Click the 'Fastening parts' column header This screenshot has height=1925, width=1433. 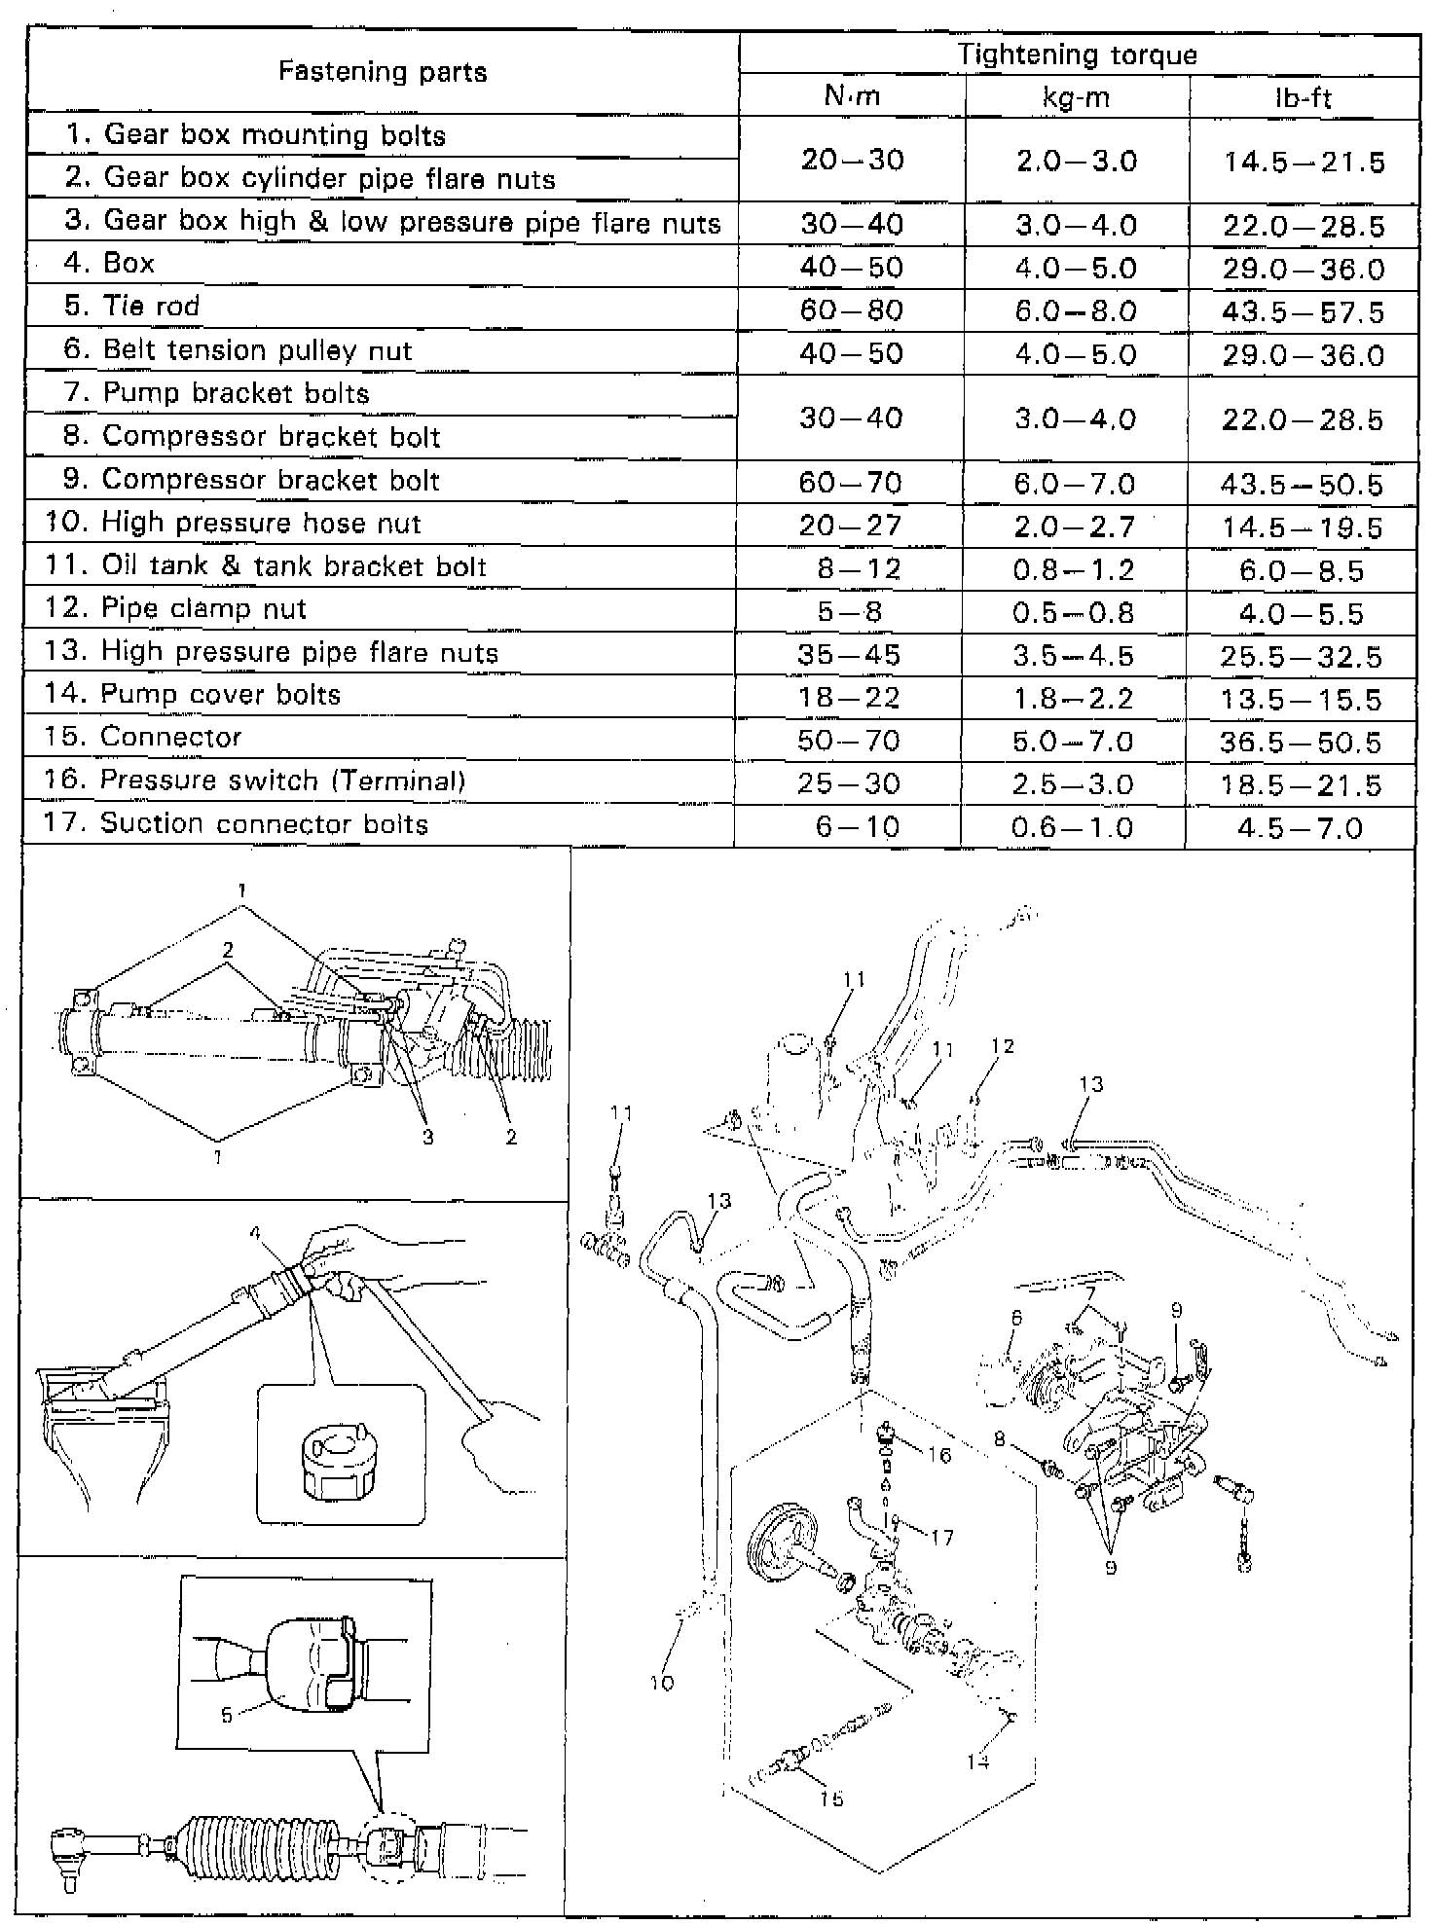coord(383,72)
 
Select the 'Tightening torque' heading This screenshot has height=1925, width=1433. coord(1077,54)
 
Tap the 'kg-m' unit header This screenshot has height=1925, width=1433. coord(1076,97)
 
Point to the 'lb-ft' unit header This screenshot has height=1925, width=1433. coord(1303,97)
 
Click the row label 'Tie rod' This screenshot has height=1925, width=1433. coord(151,307)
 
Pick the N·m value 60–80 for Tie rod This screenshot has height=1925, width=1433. coord(852,310)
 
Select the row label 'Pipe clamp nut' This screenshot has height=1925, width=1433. coord(203,609)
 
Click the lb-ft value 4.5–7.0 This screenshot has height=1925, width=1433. coord(1301,827)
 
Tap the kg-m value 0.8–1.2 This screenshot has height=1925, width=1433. coord(1074,570)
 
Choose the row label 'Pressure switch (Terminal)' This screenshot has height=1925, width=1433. coord(282,781)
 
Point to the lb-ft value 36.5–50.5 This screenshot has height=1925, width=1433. coord(1301,743)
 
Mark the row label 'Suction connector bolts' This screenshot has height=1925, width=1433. coord(264,824)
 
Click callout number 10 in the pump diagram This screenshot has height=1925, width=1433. coord(661,1683)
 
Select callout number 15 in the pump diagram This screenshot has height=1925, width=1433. coord(831,1798)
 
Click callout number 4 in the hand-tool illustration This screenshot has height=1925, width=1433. coord(255,1233)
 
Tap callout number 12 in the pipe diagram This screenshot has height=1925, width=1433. coord(1003,1046)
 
